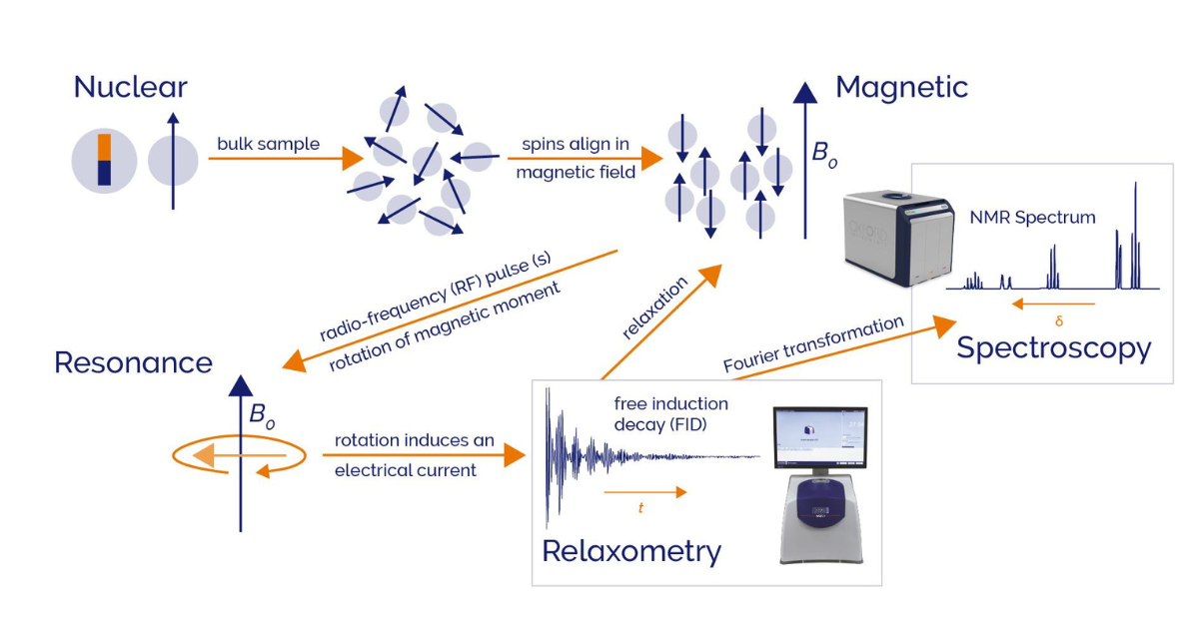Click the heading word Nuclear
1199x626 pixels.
[130, 87]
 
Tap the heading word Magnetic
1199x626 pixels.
[901, 87]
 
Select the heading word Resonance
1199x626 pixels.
[133, 361]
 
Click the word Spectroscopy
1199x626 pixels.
[1053, 348]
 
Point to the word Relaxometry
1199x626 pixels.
[630, 550]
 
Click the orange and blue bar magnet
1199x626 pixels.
[104, 161]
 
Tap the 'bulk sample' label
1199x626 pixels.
[269, 144]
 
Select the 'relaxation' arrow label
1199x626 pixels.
[655, 310]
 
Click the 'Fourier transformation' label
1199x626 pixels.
[814, 344]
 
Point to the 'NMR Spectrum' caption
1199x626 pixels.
[1032, 217]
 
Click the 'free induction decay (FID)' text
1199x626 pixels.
[671, 414]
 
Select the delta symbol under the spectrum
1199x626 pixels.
[1059, 321]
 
